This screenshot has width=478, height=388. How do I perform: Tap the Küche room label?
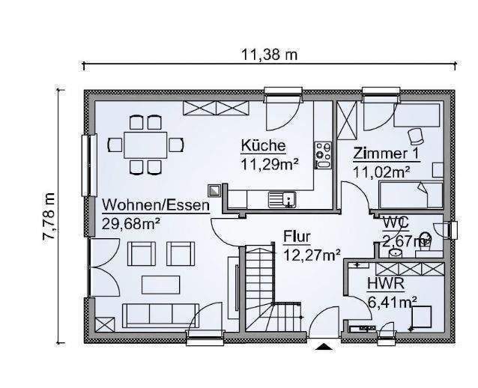coord(262,146)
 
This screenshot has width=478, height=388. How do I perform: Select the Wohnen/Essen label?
coord(156,204)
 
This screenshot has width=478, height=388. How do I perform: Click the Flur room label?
coord(297,237)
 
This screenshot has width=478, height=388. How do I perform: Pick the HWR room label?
coord(386,285)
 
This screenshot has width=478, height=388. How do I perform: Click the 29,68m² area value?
coord(131,222)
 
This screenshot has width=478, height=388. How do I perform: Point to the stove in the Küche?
coord(324,154)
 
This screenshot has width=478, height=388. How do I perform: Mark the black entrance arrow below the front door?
coord(323,346)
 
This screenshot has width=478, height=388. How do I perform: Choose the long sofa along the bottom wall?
coord(159,315)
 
